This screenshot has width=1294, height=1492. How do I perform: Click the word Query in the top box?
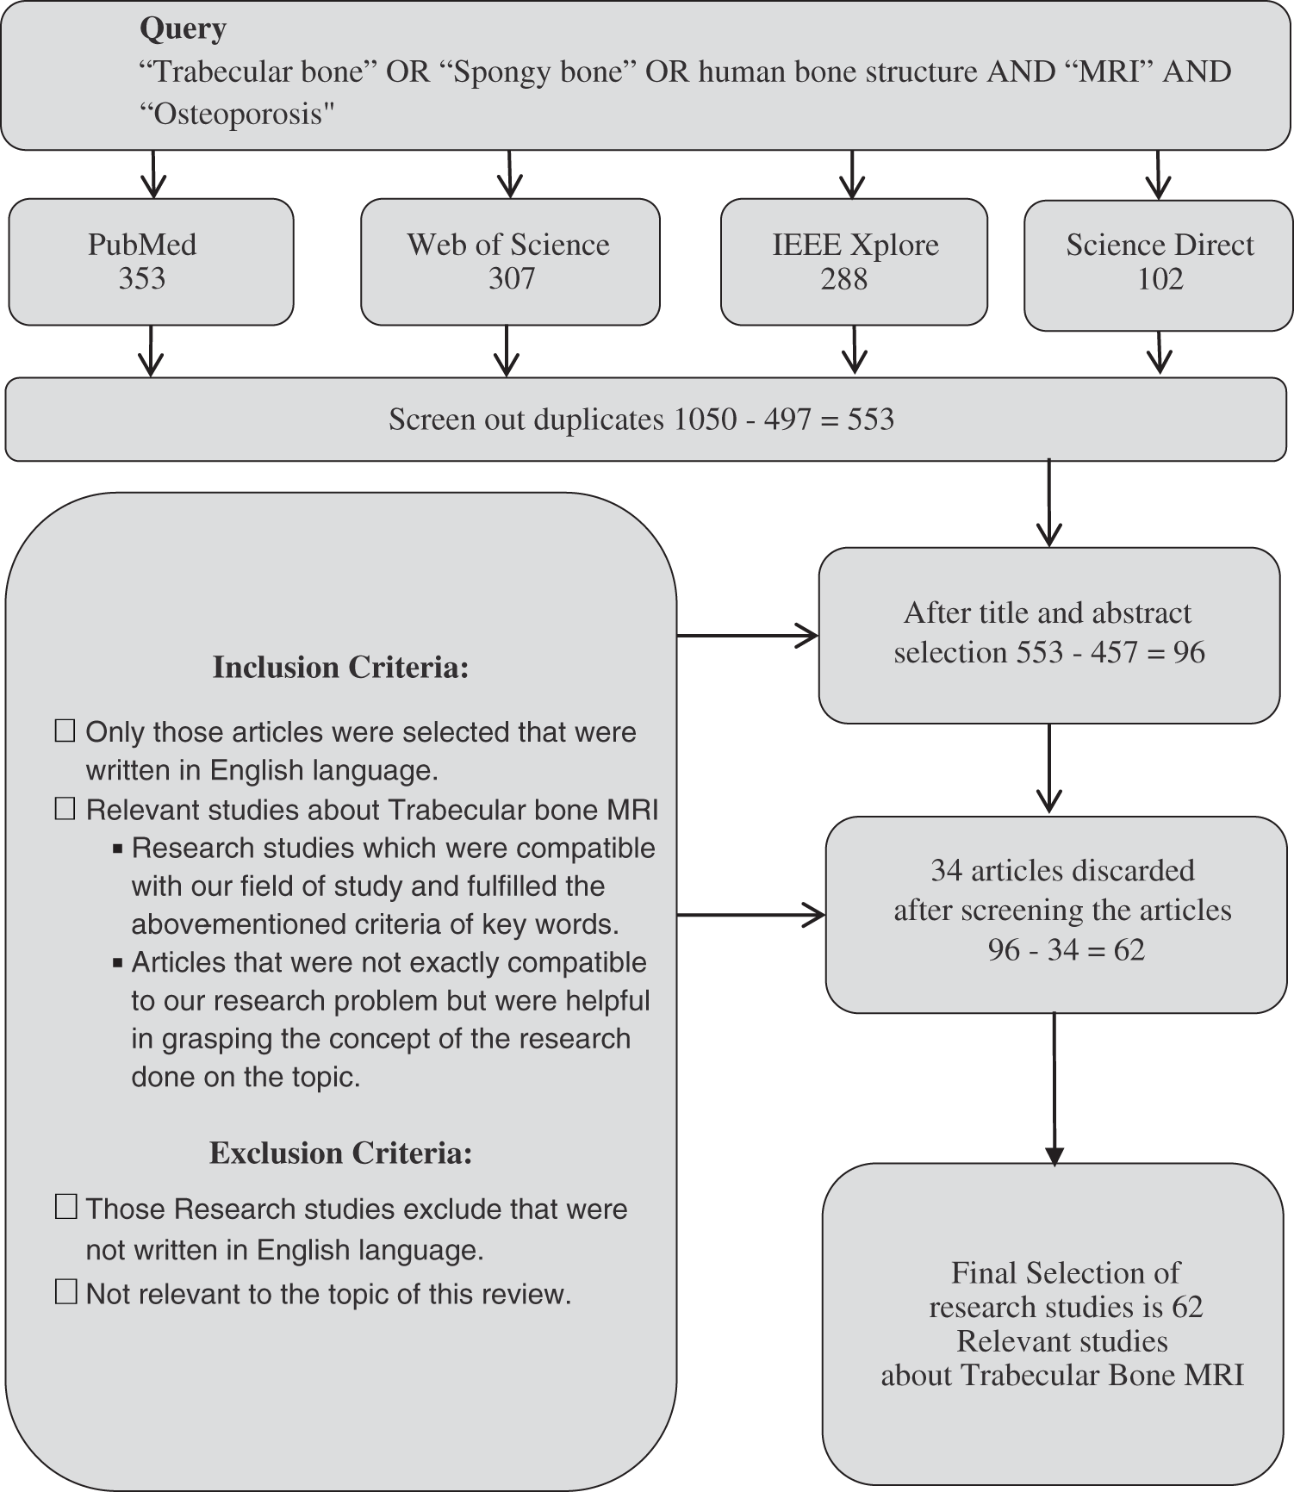pos(183,29)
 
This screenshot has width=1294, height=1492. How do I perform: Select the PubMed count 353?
pos(142,279)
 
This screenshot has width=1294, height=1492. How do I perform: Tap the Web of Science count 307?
pos(512,279)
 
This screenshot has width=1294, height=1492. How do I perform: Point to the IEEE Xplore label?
pos(855,245)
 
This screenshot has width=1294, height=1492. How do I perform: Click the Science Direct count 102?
pos(1160,279)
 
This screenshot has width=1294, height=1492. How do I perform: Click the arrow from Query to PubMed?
pos(153,174)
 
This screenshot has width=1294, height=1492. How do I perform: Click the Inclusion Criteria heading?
pos(340,668)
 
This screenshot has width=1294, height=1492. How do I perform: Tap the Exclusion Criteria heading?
pos(340,1153)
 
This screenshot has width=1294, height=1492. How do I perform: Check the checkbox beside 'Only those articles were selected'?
pos(65,731)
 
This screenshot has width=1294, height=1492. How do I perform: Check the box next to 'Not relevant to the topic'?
pos(65,1292)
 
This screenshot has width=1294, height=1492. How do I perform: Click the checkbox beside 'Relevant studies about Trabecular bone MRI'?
pos(65,809)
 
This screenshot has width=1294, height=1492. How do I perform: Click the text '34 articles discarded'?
pos(1062,870)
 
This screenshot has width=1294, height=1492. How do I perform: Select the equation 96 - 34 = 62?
pos(1066,949)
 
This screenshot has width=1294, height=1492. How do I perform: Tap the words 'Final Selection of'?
pos(1065,1272)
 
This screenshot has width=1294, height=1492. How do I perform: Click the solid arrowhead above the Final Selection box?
pos(1054,1155)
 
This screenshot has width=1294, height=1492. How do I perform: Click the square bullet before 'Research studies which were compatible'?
pos(118,849)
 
